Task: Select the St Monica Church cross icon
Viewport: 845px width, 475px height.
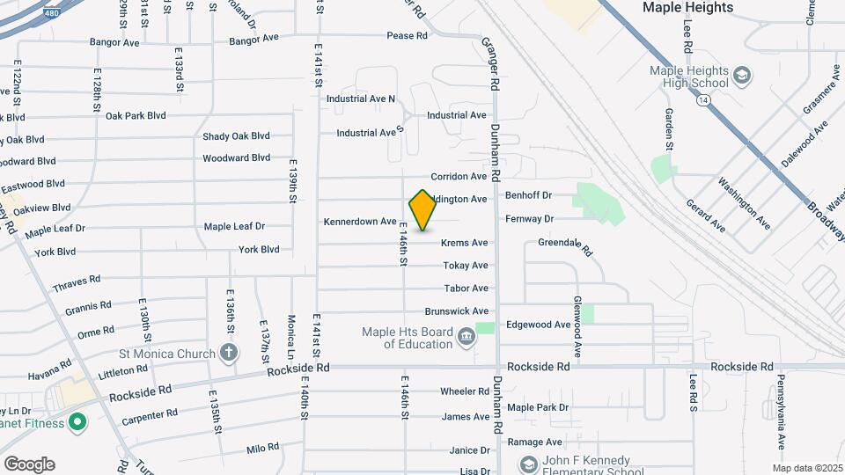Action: click(x=229, y=354)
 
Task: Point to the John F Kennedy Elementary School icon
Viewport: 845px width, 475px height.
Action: click(x=528, y=464)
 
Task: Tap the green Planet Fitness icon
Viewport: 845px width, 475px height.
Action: click(x=77, y=422)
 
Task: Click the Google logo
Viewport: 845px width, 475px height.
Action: click(x=29, y=464)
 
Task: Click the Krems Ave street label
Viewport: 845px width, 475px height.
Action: click(x=465, y=243)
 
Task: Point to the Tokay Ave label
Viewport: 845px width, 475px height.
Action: click(x=466, y=266)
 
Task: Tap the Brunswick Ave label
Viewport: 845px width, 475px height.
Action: click(x=456, y=311)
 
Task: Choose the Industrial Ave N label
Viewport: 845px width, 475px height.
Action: click(x=361, y=99)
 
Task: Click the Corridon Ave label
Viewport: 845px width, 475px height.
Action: click(x=459, y=177)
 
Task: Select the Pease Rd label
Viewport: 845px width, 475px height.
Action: click(x=407, y=36)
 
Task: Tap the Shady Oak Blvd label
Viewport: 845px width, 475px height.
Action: click(x=236, y=136)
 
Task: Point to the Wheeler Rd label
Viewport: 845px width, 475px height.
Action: click(x=464, y=391)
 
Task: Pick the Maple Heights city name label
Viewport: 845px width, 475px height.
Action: click(x=687, y=8)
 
